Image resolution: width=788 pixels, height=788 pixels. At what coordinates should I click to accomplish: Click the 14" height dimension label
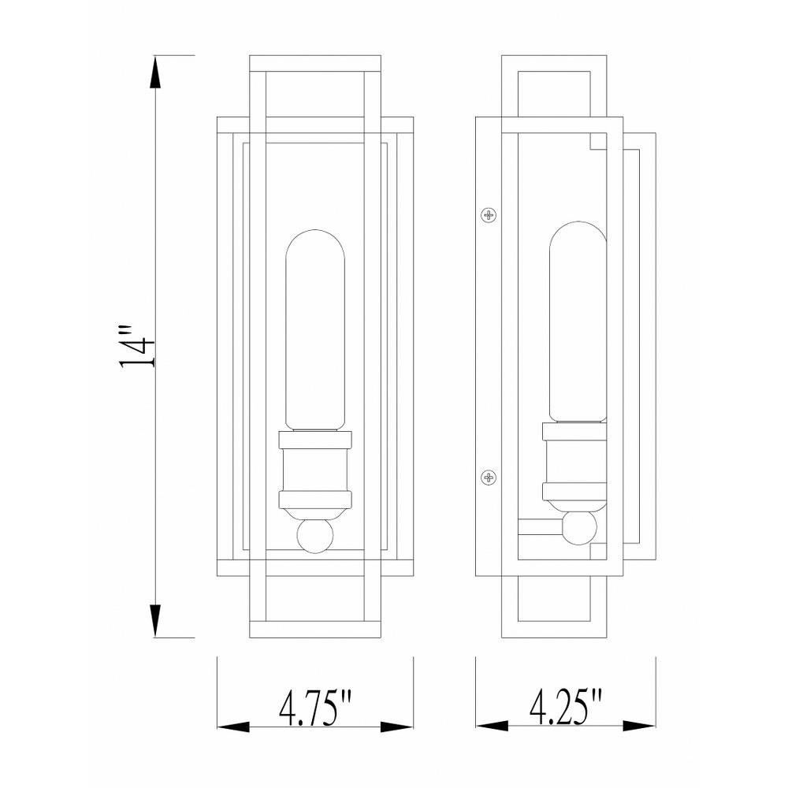point(136,347)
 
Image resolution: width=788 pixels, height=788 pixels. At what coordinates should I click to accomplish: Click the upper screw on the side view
point(489,215)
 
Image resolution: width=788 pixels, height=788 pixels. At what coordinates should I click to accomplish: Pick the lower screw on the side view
point(489,477)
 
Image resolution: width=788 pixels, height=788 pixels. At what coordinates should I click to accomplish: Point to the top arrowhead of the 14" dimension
point(155,73)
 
